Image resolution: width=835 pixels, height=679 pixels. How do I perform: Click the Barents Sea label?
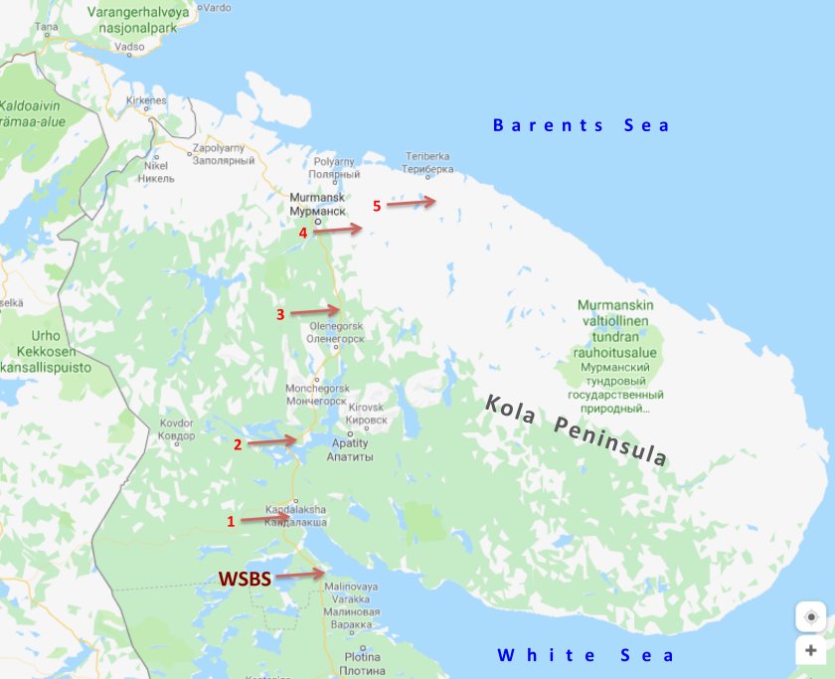tap(582, 125)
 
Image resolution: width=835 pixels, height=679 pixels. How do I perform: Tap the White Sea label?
tap(585, 655)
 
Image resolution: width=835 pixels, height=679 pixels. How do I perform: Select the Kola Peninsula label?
tap(577, 429)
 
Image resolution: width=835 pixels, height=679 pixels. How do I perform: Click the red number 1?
tap(232, 521)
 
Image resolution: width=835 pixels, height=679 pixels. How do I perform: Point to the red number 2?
tap(238, 444)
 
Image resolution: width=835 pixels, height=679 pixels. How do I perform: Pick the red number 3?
tap(280, 314)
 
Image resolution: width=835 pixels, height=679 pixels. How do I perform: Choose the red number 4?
tap(303, 233)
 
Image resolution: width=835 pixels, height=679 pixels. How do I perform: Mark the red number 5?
tap(377, 206)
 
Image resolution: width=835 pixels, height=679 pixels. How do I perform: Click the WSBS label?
tap(244, 578)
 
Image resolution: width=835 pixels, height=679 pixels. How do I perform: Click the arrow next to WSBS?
tap(300, 574)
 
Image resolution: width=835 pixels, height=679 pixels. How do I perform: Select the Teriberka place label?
tap(427, 162)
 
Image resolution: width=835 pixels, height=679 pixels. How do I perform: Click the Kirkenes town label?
tap(146, 101)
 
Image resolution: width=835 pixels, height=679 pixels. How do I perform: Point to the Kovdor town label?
tap(176, 428)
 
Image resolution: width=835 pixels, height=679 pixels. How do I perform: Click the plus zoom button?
tap(810, 651)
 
